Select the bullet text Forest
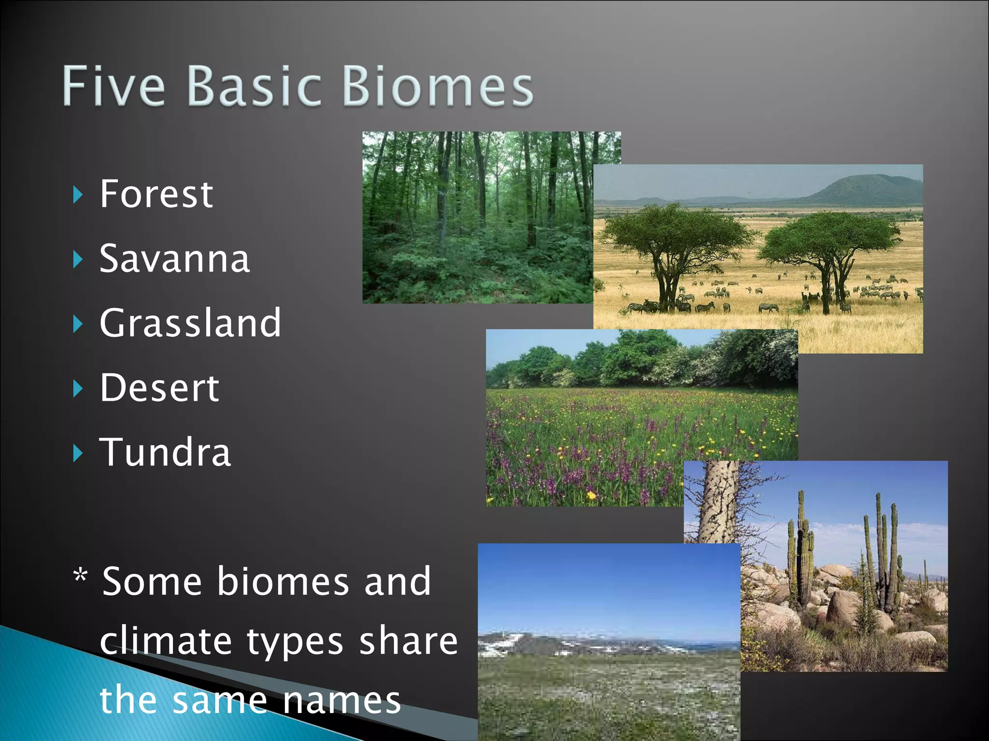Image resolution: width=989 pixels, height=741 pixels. point(156,194)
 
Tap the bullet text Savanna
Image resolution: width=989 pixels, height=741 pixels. point(174,259)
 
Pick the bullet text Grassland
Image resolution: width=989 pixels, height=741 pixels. point(190,323)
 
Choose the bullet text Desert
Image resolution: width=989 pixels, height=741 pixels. point(159,387)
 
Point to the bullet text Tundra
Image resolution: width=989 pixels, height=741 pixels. point(165,452)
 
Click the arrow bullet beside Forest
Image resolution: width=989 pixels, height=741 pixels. point(78,195)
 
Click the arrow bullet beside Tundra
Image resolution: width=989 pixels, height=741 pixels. point(78,453)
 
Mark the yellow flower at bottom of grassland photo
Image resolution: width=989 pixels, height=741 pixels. point(591,495)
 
